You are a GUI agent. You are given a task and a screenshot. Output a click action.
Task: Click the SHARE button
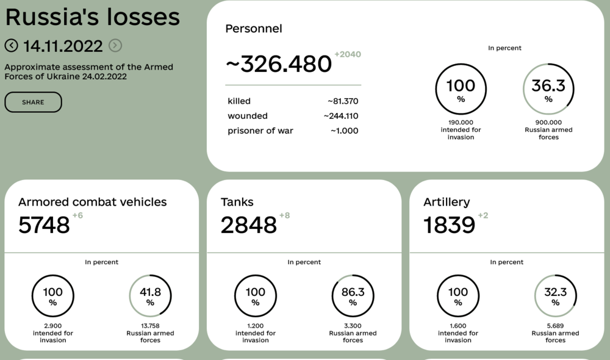tap(33, 103)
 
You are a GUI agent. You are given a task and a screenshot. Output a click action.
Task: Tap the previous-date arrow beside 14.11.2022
tap(11, 46)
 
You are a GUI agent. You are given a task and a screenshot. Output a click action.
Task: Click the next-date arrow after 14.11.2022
tap(115, 46)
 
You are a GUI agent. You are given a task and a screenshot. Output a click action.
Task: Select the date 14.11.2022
tap(63, 46)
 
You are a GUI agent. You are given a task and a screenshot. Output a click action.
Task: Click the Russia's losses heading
tap(92, 17)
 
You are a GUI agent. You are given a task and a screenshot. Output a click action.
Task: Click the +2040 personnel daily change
tap(348, 54)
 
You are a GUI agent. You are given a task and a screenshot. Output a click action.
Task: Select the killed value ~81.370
tap(343, 101)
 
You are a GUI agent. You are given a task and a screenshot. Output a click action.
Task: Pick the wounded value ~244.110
tap(341, 116)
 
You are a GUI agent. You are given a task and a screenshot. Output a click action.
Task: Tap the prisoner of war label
tap(260, 131)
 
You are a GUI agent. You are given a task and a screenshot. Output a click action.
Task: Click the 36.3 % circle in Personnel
tap(548, 89)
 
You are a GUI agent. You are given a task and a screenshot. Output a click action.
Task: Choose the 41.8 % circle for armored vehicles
tap(150, 296)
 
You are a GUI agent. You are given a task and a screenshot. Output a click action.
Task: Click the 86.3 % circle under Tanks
tap(353, 296)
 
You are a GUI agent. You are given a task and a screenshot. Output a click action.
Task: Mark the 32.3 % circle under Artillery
tap(555, 296)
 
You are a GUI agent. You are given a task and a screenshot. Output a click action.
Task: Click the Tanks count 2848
tap(249, 225)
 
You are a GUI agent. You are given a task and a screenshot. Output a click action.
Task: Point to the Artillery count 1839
tap(450, 225)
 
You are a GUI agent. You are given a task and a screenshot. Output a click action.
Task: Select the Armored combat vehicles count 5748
tap(45, 225)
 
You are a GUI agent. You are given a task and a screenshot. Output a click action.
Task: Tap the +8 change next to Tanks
tap(285, 215)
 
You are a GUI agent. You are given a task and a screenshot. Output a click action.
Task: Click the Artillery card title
tap(447, 202)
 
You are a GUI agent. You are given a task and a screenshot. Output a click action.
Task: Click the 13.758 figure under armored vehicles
tap(150, 326)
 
